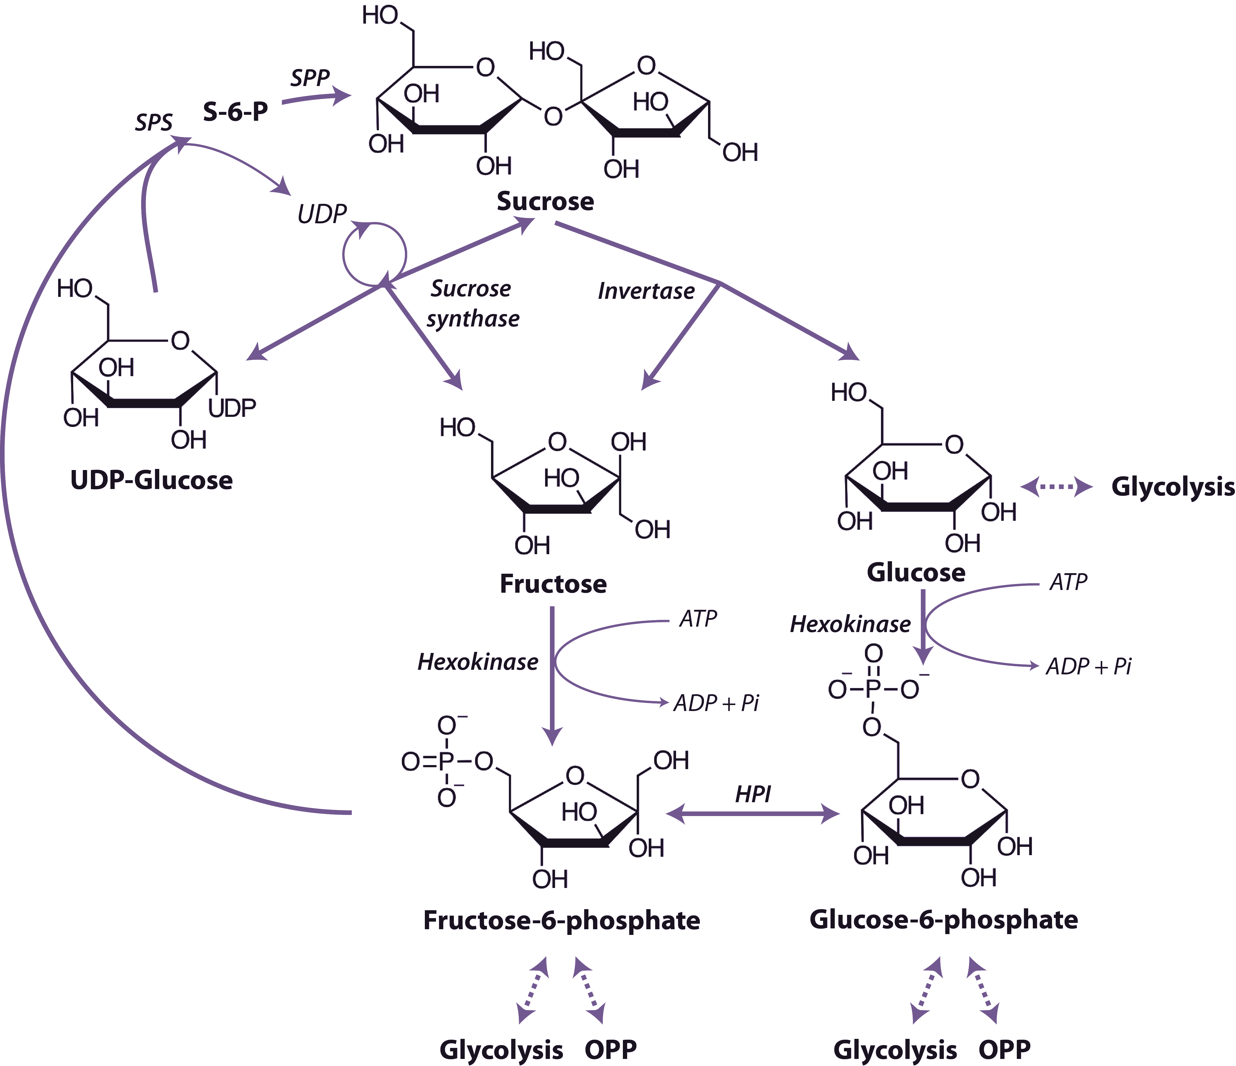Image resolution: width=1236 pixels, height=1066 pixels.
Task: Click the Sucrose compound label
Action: point(545,201)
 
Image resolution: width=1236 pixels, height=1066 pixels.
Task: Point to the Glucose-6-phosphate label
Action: point(943,919)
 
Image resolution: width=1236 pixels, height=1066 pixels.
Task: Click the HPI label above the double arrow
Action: point(753,794)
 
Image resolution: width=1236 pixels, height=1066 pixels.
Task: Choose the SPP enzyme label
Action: point(310,78)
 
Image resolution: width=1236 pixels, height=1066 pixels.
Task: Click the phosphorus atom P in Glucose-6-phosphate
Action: point(873,689)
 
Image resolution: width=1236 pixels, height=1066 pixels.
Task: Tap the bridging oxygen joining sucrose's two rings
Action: point(553,116)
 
